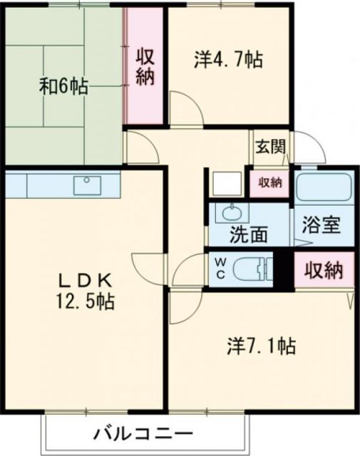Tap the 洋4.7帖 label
[x=227, y=60]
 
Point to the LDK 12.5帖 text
[x=85, y=290]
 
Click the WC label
[x=220, y=267]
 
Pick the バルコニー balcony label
[x=143, y=434]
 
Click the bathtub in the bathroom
[x=324, y=187]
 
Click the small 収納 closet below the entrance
[x=269, y=182]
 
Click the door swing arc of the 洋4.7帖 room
[x=182, y=114]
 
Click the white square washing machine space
[x=227, y=183]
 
